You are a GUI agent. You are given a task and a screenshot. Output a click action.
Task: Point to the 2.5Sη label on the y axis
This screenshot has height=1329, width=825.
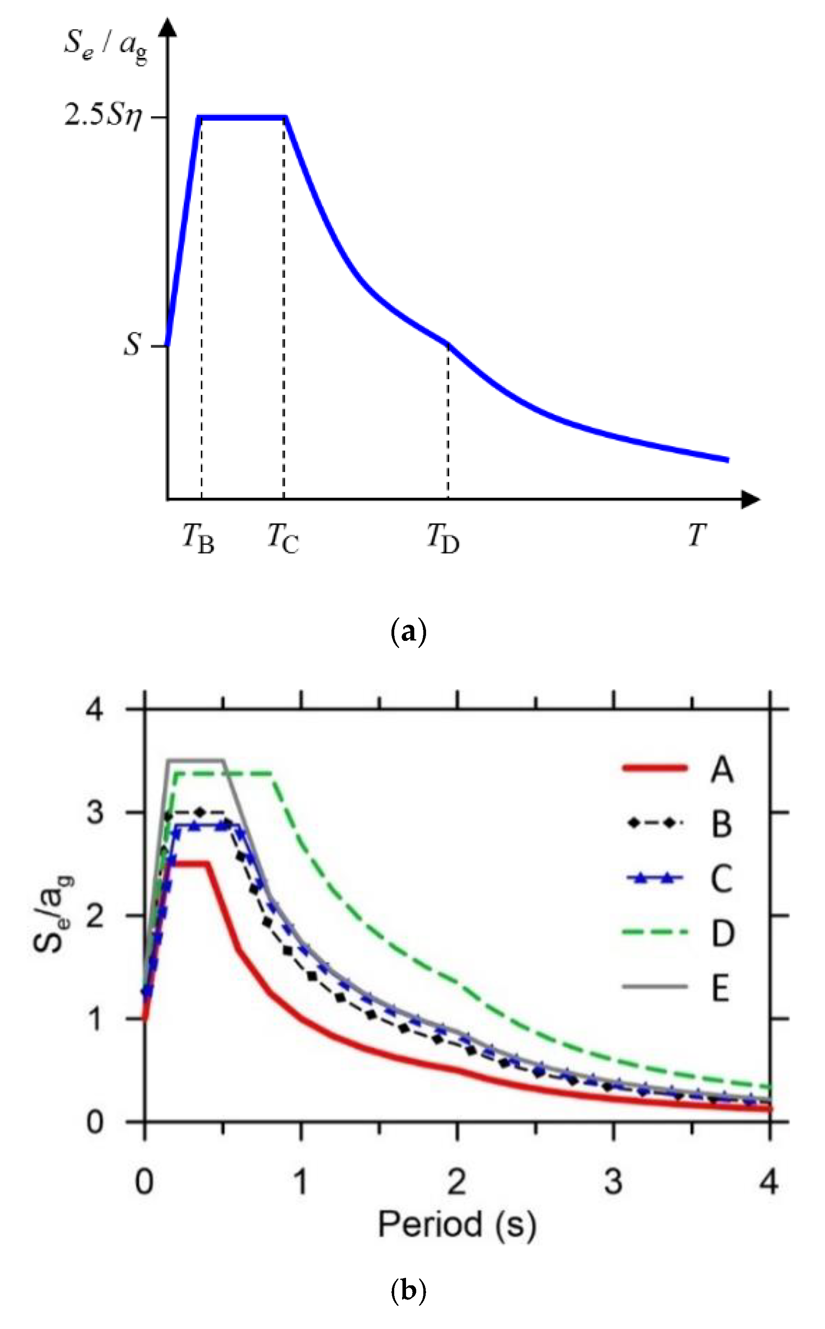[103, 116]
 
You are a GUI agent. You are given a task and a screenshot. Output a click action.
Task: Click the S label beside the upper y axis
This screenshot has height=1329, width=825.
[132, 345]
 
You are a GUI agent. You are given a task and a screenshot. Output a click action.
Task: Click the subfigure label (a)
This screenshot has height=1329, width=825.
[409, 632]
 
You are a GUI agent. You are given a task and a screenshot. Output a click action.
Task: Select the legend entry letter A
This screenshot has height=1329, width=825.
[721, 770]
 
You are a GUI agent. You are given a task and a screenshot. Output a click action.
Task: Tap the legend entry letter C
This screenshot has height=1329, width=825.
[721, 879]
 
